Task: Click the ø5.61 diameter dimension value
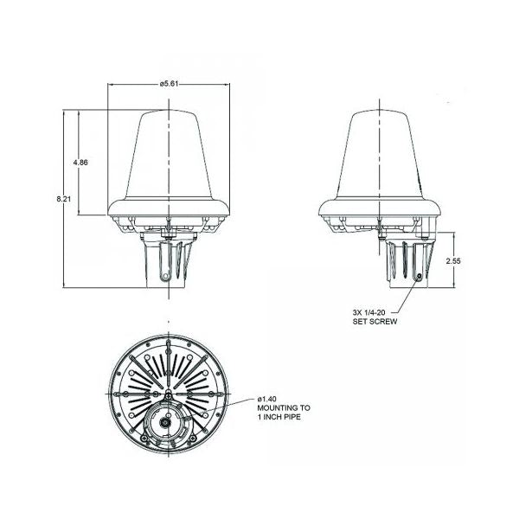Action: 169,84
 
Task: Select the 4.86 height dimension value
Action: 80,163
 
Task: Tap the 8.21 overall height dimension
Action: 63,199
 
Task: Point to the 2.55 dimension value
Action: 453,261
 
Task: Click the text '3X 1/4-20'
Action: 368,312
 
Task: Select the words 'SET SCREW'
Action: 375,322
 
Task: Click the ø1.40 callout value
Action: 266,399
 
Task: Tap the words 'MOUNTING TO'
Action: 284,407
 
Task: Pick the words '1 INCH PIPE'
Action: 279,417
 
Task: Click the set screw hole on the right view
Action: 420,276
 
